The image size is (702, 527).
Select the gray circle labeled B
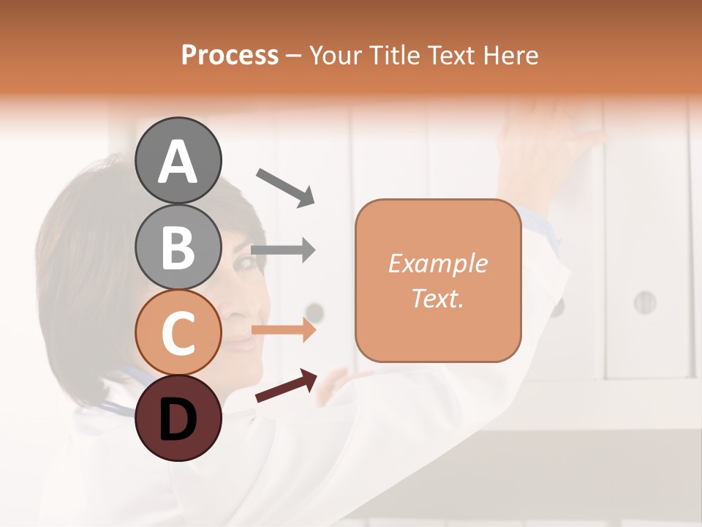click(178, 246)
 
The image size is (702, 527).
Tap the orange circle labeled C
click(178, 332)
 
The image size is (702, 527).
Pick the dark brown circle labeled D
click(178, 418)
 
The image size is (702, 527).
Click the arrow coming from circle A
click(285, 187)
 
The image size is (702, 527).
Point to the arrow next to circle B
click(284, 250)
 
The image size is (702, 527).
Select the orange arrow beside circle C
click(284, 331)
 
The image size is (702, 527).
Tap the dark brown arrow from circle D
click(286, 385)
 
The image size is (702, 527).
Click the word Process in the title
click(230, 55)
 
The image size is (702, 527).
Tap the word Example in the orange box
click(437, 263)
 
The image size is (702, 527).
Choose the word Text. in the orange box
click(437, 298)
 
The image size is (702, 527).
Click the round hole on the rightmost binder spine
click(644, 302)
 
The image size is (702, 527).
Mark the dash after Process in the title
click(294, 56)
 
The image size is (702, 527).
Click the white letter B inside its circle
click(178, 247)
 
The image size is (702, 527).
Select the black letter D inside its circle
click(178, 419)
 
